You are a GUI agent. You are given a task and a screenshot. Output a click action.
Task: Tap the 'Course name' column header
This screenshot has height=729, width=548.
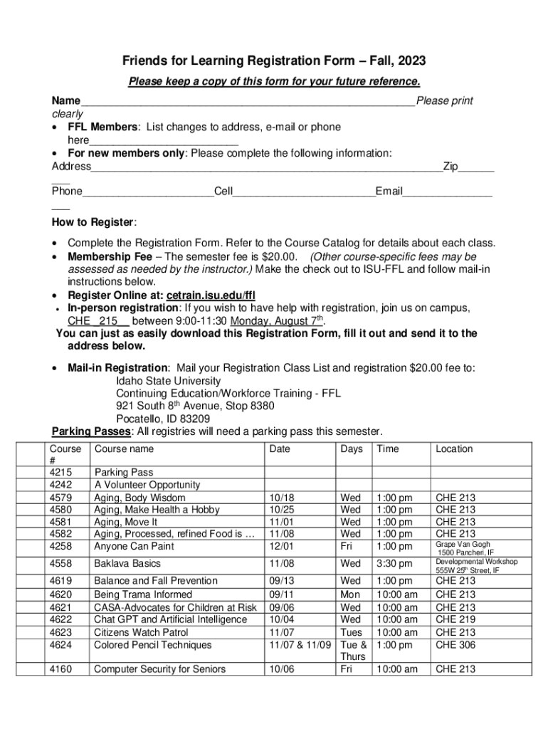click(124, 449)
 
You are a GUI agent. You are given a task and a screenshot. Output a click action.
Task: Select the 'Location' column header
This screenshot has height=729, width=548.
click(454, 449)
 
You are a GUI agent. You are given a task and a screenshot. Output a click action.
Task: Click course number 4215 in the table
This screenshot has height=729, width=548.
click(60, 472)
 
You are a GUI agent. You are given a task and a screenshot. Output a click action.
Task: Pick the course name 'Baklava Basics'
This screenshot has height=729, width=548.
click(128, 563)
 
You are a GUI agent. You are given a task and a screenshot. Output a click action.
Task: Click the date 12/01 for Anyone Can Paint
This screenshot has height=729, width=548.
click(280, 547)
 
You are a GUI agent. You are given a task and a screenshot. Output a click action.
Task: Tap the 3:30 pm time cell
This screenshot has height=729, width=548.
click(394, 563)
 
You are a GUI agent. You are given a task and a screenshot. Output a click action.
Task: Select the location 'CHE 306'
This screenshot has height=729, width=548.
click(455, 645)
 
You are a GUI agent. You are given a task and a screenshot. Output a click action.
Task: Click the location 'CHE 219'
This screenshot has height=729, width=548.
click(455, 619)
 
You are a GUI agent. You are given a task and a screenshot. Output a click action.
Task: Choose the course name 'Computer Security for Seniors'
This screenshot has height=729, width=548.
click(159, 668)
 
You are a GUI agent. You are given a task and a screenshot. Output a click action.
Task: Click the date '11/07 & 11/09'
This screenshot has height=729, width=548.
click(299, 645)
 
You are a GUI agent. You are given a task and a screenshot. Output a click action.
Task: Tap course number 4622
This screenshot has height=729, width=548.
click(60, 619)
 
